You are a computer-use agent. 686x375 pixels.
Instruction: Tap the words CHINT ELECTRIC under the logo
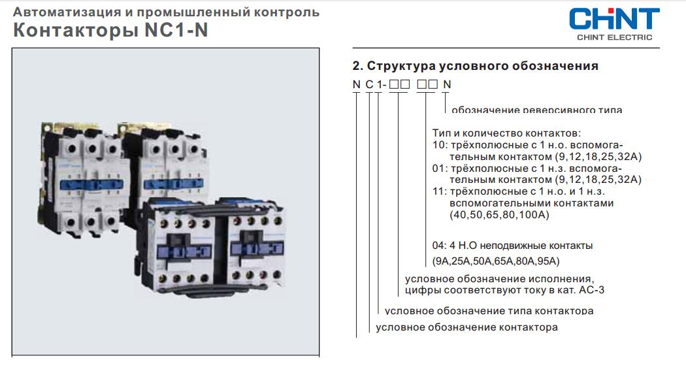[x=613, y=37]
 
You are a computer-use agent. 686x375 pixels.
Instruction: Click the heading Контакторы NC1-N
[x=110, y=31]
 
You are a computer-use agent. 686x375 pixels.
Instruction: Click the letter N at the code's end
[x=447, y=84]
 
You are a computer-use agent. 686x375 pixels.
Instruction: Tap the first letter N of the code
[x=356, y=84]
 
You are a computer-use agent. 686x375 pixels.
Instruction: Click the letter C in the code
[x=369, y=84]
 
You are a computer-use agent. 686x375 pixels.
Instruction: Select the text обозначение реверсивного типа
[x=536, y=109]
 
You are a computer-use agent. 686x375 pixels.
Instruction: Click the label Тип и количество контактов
[x=506, y=133]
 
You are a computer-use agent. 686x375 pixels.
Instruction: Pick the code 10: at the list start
[x=439, y=144]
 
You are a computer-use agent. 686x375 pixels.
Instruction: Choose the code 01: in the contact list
[x=439, y=168]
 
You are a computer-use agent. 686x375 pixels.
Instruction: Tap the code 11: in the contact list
[x=439, y=191]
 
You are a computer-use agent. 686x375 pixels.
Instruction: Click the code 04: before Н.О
[x=439, y=246]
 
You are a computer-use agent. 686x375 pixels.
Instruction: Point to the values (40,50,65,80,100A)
[x=499, y=214]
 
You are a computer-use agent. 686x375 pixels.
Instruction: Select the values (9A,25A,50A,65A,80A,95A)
[x=497, y=261]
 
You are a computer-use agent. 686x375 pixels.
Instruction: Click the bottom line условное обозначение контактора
[x=466, y=327]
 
